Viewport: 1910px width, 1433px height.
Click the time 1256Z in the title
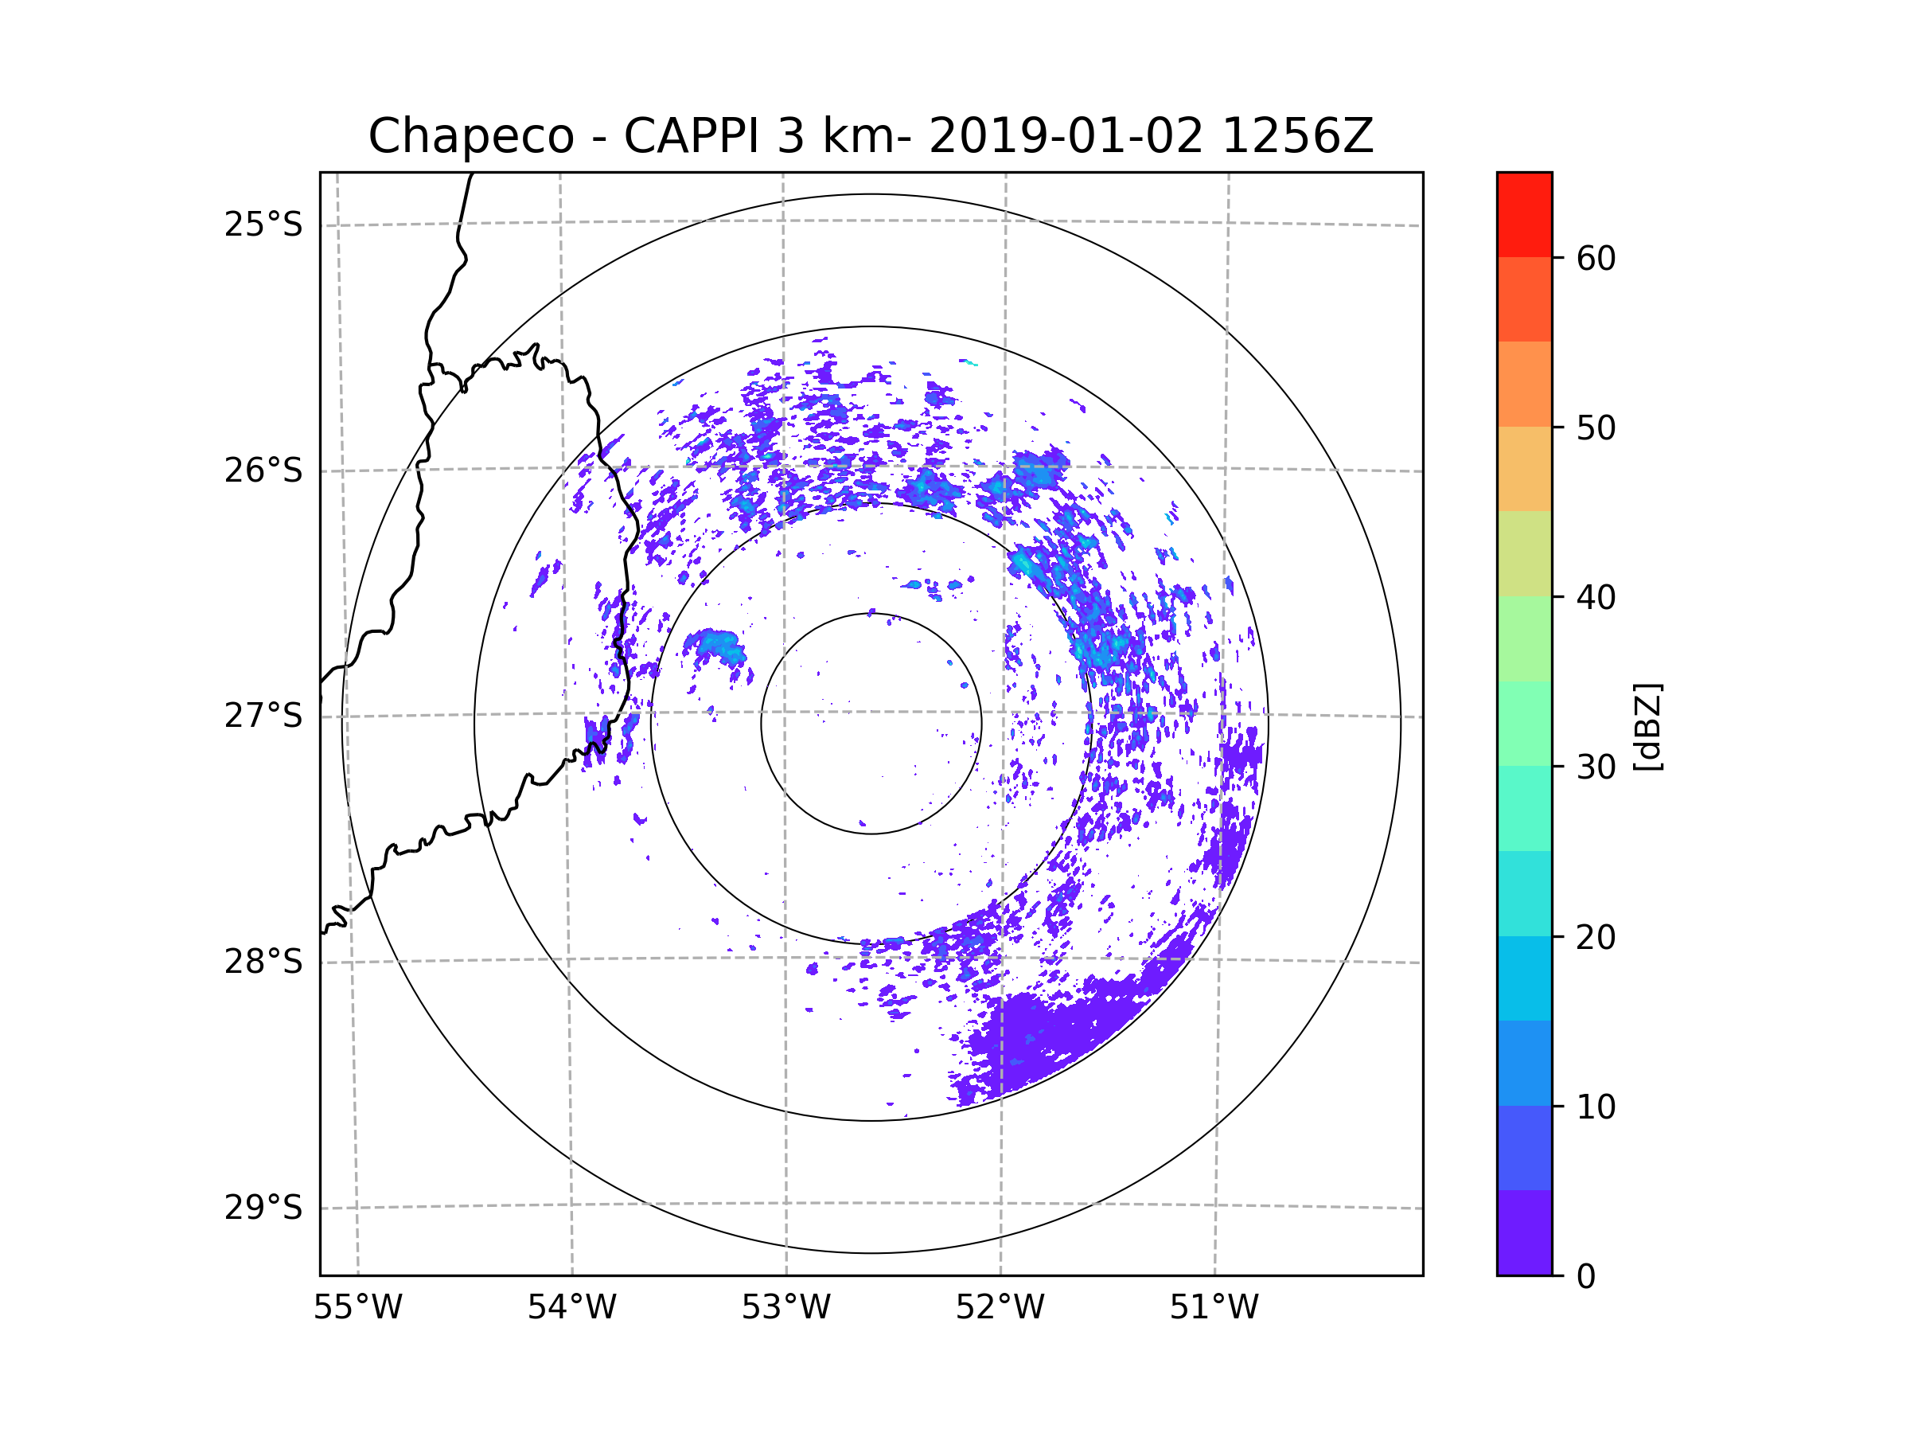point(1298,136)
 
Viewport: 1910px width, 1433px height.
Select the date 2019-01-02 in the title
point(1066,136)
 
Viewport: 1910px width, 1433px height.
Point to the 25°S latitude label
point(263,225)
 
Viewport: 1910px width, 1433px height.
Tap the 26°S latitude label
point(263,471)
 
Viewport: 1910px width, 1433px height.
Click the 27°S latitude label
point(263,716)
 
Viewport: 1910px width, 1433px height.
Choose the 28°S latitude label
point(263,962)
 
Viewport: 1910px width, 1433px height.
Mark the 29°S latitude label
point(263,1208)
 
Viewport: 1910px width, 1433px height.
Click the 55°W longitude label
point(357,1308)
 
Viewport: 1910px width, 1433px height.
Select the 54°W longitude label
point(571,1308)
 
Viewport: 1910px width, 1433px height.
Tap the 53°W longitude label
point(785,1308)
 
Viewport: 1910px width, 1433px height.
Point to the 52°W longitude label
point(1000,1308)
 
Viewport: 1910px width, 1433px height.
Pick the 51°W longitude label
point(1214,1308)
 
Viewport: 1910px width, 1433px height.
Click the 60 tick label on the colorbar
point(1596,258)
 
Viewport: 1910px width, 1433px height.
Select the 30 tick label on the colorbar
point(1596,767)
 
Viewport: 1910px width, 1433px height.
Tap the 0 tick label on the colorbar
point(1586,1276)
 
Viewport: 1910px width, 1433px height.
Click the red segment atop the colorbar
point(1524,214)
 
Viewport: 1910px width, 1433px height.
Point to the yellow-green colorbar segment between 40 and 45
point(1524,553)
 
